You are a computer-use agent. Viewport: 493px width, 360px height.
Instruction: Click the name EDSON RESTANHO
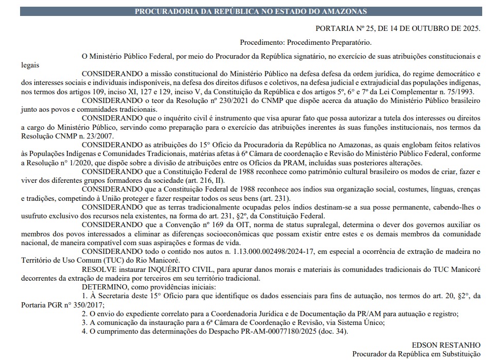[x=446, y=345]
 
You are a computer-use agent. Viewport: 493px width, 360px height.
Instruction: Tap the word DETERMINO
[x=104, y=286]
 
